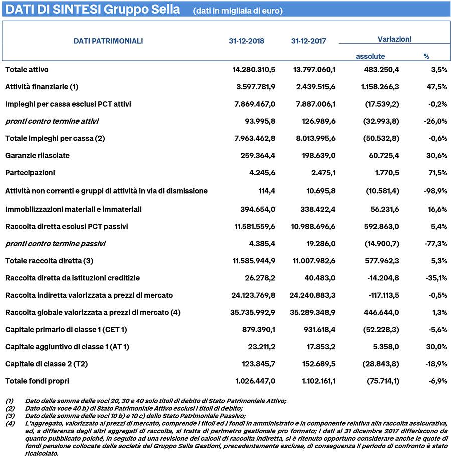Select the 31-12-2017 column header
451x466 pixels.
coord(308,41)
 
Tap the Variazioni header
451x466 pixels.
coord(394,39)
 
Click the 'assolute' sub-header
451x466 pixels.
coord(370,56)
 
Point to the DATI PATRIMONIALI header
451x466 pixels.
coord(108,41)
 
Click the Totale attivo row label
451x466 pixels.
coord(27,69)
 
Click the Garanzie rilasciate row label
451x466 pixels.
coord(37,156)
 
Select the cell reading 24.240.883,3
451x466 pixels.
coord(313,295)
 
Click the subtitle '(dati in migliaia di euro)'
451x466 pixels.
coord(238,11)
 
